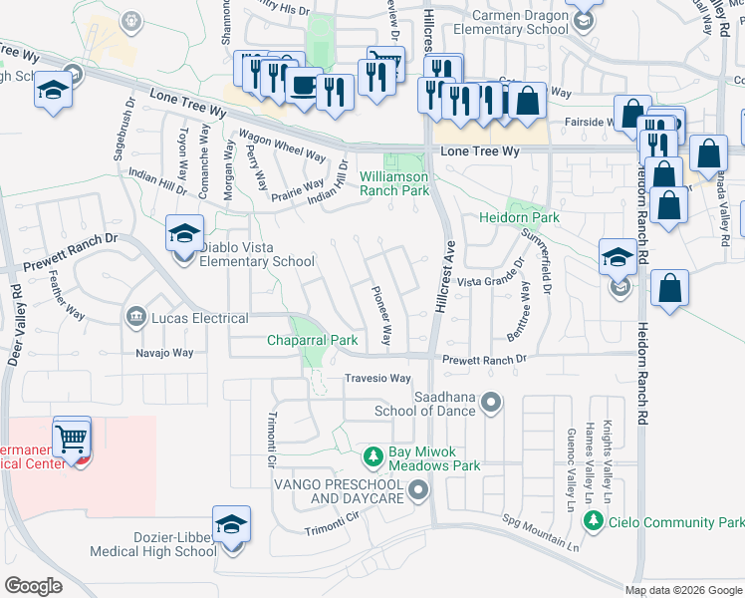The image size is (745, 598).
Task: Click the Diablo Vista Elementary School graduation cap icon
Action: click(x=184, y=234)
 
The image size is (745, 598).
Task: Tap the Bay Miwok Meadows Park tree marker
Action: click(x=372, y=456)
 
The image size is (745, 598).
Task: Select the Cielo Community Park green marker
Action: click(x=594, y=521)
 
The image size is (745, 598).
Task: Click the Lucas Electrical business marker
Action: click(x=134, y=318)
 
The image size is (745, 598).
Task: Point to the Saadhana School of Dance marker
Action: click(x=489, y=403)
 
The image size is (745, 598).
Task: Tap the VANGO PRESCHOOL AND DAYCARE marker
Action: click(x=417, y=489)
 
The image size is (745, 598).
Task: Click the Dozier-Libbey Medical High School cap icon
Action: click(x=231, y=525)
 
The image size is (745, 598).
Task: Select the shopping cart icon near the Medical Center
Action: click(x=71, y=437)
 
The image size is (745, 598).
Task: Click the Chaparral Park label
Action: click(x=312, y=340)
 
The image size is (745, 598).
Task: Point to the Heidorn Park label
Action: click(x=519, y=217)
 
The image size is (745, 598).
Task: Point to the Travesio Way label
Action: click(x=377, y=379)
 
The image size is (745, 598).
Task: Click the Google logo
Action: click(x=34, y=586)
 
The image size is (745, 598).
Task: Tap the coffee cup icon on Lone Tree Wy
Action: click(x=303, y=86)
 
